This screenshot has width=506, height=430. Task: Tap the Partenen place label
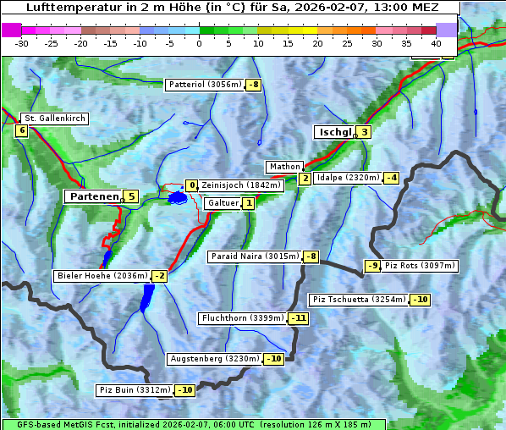[x=93, y=196]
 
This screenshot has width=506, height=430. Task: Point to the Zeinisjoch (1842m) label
[x=240, y=185]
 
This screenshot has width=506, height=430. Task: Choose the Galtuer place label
[x=223, y=203]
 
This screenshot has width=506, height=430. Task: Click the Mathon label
[x=283, y=167]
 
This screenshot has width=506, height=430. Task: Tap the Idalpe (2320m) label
[x=347, y=178]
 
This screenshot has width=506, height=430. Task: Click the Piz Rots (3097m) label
[x=420, y=266]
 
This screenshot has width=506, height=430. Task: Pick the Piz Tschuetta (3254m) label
[x=360, y=300]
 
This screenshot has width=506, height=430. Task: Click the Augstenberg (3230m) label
[x=214, y=359]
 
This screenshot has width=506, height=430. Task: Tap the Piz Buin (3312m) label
[x=135, y=390]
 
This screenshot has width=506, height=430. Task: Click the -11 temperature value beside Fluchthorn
[x=299, y=319]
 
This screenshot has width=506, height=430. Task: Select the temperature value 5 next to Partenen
[x=130, y=196]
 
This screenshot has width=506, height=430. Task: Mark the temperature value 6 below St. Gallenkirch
[x=21, y=130]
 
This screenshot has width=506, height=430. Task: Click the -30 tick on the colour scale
[x=22, y=42]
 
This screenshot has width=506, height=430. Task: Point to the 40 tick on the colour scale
[x=436, y=42]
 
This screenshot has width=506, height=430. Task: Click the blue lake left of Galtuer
[x=177, y=198]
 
